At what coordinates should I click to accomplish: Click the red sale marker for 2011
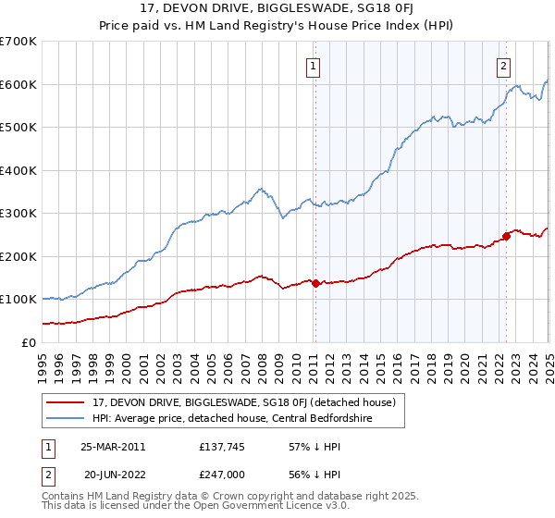[315, 283]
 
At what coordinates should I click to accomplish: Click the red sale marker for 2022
[507, 235]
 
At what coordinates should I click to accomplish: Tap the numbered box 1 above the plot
[314, 66]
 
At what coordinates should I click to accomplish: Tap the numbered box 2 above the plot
[503, 66]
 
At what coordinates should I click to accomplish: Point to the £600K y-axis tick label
[18, 84]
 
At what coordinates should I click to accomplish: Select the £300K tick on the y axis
[18, 214]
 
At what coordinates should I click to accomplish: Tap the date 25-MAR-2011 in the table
[112, 447]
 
